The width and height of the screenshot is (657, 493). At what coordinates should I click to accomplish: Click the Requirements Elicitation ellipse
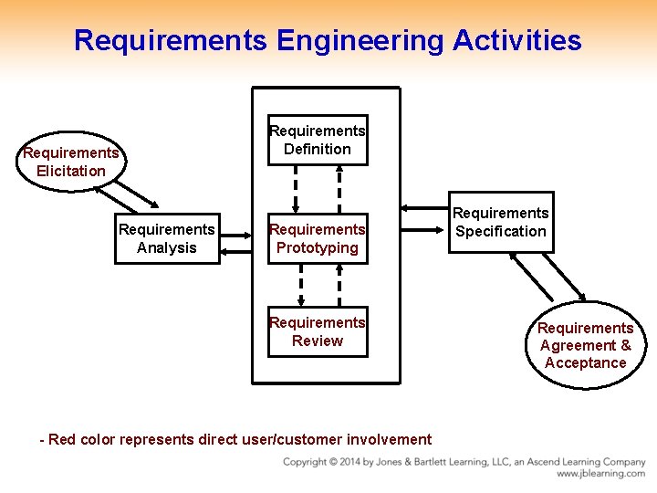[71, 162]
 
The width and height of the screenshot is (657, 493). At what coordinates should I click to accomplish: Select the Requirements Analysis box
[167, 238]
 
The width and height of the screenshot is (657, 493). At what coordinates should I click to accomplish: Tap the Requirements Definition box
[318, 140]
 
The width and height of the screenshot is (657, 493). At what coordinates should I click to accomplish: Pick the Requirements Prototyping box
[318, 238]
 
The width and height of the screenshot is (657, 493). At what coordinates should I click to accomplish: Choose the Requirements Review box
[318, 331]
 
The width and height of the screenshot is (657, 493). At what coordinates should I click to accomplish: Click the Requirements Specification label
[500, 222]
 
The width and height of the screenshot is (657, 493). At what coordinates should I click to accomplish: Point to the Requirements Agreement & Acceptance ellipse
[585, 345]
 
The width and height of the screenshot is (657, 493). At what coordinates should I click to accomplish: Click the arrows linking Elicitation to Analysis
[137, 194]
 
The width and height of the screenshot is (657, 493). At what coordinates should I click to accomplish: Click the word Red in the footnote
[62, 439]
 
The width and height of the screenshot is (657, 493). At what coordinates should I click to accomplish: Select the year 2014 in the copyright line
[357, 462]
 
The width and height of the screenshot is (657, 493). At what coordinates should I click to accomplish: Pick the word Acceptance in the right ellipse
[585, 362]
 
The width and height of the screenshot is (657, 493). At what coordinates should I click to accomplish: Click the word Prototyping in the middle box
[318, 247]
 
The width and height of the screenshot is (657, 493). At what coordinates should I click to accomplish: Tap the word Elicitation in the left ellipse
[71, 171]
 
